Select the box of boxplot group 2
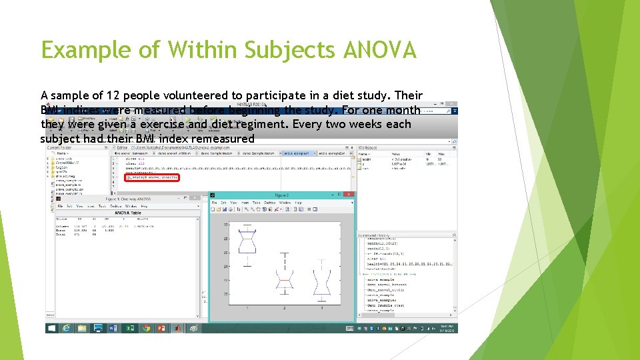pos(285,282)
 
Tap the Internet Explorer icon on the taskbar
pos(67,328)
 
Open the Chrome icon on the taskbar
pos(146,328)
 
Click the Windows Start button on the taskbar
pos(51,328)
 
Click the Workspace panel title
pos(367,147)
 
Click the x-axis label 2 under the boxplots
pos(285,308)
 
